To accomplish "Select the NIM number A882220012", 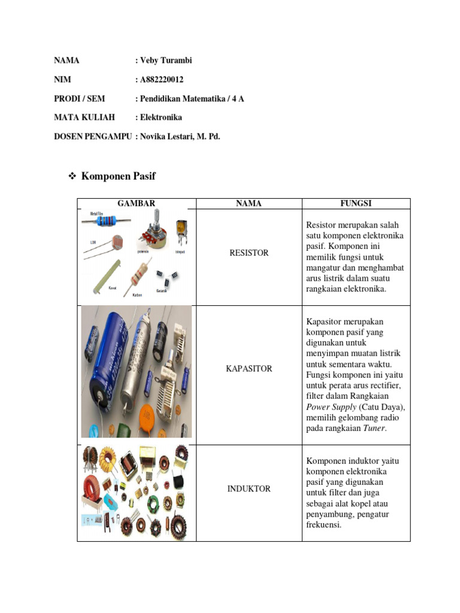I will [x=162, y=80].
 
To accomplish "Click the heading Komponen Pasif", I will [x=118, y=176].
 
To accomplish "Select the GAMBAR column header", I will [x=137, y=204].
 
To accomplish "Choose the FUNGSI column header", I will [x=356, y=204].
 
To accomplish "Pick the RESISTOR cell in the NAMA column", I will [x=249, y=253].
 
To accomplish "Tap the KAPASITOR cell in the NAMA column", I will [x=249, y=369].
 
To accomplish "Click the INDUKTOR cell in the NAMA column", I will [x=249, y=489].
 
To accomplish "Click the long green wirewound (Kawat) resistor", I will [x=108, y=275].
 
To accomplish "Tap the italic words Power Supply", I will [x=331, y=406].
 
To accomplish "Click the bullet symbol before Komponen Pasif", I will [x=72, y=177].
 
